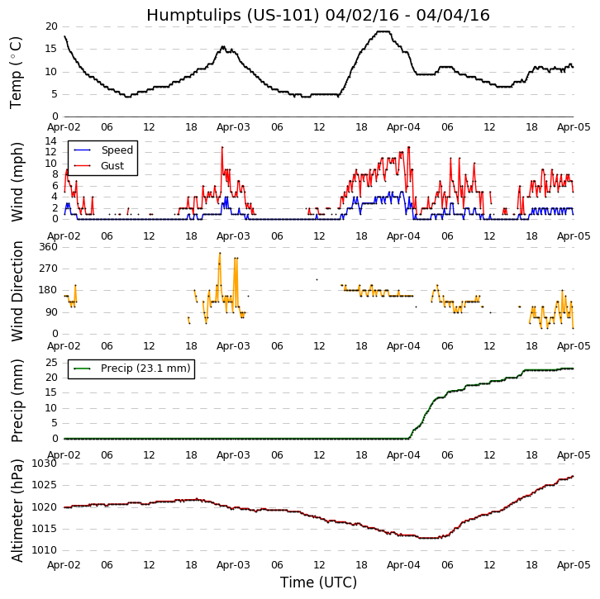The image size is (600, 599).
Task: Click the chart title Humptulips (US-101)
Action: tap(318, 15)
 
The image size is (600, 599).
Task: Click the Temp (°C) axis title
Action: tap(17, 72)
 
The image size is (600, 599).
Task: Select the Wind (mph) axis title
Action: tap(17, 181)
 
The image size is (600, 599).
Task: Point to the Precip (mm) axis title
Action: tap(17, 399)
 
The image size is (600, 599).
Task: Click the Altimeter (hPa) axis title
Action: tap(17, 510)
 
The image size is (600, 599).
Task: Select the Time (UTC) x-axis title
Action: tap(318, 582)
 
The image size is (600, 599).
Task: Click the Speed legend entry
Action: tap(117, 150)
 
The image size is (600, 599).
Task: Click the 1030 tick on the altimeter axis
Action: tap(45, 464)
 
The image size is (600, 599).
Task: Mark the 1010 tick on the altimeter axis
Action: tap(45, 550)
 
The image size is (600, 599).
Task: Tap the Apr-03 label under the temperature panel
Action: tap(234, 128)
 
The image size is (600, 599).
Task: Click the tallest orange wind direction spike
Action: tap(220, 253)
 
